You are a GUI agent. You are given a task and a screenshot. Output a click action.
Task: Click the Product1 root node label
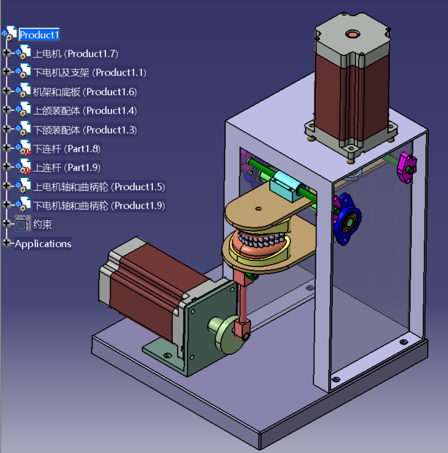(39, 35)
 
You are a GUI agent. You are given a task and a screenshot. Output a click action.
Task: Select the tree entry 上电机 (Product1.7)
(75, 54)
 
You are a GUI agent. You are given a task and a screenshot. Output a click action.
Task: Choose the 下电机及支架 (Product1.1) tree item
(90, 73)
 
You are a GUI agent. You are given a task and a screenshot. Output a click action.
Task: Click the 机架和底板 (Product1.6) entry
(85, 92)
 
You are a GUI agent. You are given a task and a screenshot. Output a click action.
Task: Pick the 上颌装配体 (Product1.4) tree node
(85, 111)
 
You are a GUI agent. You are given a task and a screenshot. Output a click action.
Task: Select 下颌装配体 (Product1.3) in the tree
(85, 130)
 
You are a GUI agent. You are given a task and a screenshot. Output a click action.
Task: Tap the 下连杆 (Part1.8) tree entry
(67, 149)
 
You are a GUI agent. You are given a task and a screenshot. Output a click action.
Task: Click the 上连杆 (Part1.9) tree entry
(67, 168)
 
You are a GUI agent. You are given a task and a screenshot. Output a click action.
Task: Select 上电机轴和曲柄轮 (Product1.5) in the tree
(99, 187)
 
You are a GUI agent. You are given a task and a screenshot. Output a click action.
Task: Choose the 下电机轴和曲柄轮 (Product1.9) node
(99, 206)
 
